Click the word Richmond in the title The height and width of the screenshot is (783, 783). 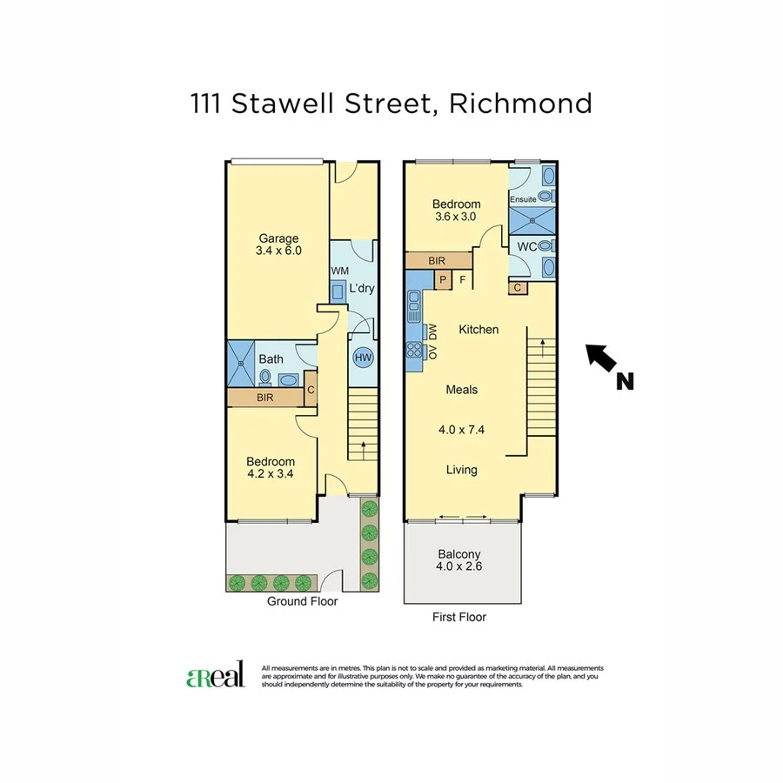[x=520, y=104]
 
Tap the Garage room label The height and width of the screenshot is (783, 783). [x=278, y=238]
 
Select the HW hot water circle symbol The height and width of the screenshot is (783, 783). [x=362, y=357]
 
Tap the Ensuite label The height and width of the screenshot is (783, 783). [x=523, y=199]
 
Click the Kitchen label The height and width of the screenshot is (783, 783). [x=478, y=330]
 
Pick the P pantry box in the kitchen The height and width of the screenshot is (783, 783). [x=443, y=280]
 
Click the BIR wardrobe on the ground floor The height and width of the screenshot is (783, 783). [x=265, y=397]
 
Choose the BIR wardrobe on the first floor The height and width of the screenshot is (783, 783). [x=438, y=260]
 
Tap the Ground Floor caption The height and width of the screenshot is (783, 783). [x=302, y=601]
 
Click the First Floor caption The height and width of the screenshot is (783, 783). [x=459, y=617]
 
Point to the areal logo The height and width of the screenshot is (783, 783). [x=216, y=677]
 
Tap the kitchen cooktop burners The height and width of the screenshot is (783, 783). [x=412, y=351]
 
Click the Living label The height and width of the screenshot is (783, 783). [x=461, y=470]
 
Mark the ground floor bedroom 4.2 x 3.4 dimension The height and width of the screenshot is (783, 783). [x=271, y=475]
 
